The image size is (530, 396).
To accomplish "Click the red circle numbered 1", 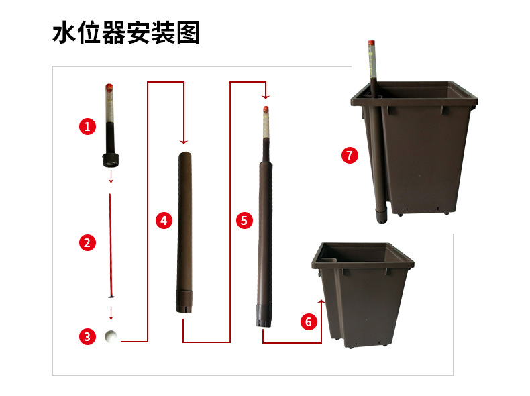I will click(x=87, y=126).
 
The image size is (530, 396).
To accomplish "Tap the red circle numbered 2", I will click(x=87, y=243).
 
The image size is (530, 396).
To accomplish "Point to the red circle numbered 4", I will click(x=164, y=220).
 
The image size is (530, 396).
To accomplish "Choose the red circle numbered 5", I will click(x=244, y=219).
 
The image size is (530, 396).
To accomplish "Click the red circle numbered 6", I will click(x=309, y=321).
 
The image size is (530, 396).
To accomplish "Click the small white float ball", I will click(x=111, y=336).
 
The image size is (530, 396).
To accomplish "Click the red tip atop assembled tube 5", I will click(x=266, y=108).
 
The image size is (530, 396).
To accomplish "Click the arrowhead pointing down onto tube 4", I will click(x=183, y=142).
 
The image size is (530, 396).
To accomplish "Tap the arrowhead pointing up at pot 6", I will click(x=322, y=303).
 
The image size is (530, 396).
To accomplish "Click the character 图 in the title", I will click(x=188, y=33).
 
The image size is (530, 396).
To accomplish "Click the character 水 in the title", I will click(x=64, y=33).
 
